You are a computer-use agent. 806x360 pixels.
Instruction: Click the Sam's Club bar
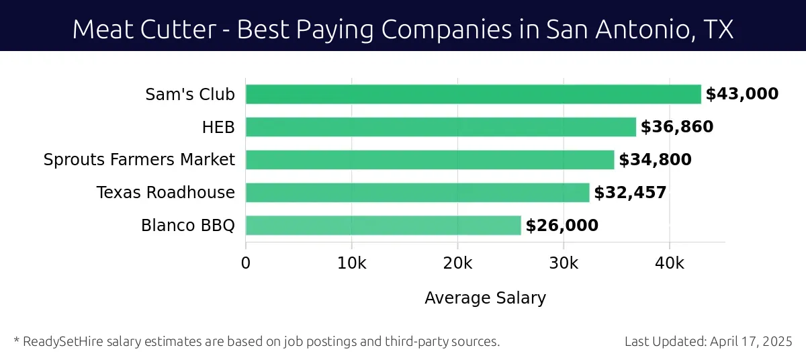point(473,94)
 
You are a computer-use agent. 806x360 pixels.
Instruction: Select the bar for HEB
point(441,127)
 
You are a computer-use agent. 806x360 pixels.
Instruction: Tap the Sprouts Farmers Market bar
point(430,160)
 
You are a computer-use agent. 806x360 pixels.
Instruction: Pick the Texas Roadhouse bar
point(417,193)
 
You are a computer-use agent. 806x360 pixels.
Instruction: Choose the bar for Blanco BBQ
point(383,226)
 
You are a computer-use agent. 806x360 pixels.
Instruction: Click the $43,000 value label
point(742,94)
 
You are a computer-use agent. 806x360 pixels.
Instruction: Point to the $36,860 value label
point(677,127)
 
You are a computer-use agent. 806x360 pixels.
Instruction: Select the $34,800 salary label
point(655,160)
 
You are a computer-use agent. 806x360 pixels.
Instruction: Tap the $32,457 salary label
point(630,193)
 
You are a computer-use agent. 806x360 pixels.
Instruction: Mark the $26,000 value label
point(562,226)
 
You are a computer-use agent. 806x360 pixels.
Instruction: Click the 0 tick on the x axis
point(246,263)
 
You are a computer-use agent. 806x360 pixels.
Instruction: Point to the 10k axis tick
point(351,263)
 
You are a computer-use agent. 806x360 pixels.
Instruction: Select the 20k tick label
point(457,263)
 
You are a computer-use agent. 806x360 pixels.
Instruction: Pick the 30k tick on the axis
point(563,263)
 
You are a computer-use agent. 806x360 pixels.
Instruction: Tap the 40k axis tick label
point(669,263)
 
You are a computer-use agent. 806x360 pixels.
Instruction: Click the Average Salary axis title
point(485,298)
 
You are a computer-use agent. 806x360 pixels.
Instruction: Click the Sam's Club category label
point(190,94)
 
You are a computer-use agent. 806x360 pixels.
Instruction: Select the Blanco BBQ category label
point(188,226)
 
